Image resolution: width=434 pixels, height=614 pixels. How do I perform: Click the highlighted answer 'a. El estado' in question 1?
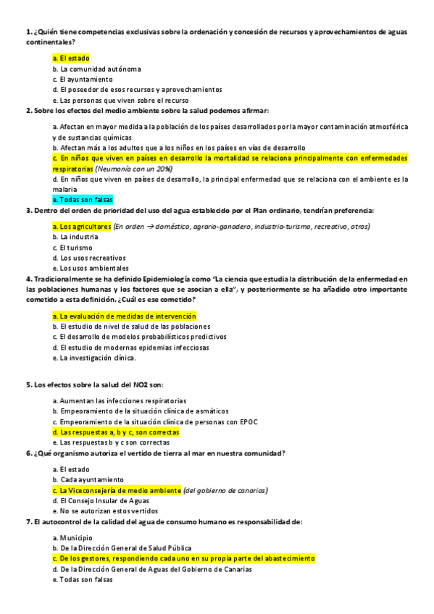click(x=71, y=57)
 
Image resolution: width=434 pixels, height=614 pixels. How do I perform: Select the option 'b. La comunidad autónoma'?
click(x=96, y=69)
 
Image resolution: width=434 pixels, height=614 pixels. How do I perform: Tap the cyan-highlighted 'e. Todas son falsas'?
click(x=83, y=199)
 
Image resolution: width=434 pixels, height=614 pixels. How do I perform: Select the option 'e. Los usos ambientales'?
click(x=90, y=267)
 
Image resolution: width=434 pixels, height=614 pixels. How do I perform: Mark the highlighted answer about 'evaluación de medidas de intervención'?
click(x=124, y=316)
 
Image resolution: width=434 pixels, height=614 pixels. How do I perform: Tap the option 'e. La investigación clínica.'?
click(x=94, y=357)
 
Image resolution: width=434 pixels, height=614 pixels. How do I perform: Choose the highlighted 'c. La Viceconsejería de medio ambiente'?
click(x=117, y=490)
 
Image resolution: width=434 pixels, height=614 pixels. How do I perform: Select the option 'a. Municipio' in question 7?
click(x=72, y=538)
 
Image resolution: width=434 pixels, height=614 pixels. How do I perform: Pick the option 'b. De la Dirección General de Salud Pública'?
click(x=122, y=548)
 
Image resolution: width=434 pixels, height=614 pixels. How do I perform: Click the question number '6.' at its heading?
click(x=28, y=453)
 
